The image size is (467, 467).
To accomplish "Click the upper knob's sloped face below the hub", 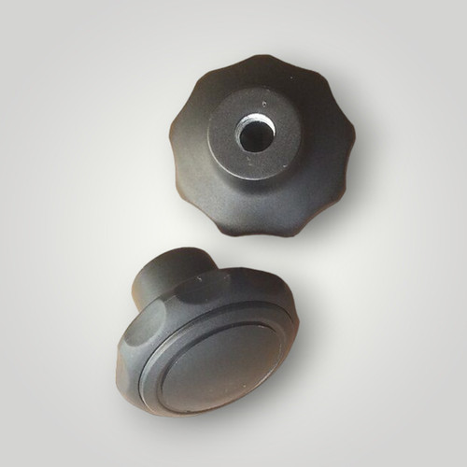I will [x=248, y=201].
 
